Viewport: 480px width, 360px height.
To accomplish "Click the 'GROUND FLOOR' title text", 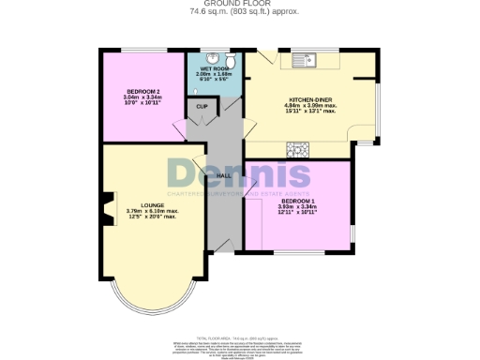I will [x=239, y=4].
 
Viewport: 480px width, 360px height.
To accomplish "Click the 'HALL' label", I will [x=224, y=175].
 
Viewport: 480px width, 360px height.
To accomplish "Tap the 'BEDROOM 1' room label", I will [x=298, y=202].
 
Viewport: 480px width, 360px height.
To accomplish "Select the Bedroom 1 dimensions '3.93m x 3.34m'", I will [x=298, y=209].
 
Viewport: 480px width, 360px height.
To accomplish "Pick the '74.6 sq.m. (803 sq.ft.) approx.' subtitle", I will [x=239, y=11].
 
